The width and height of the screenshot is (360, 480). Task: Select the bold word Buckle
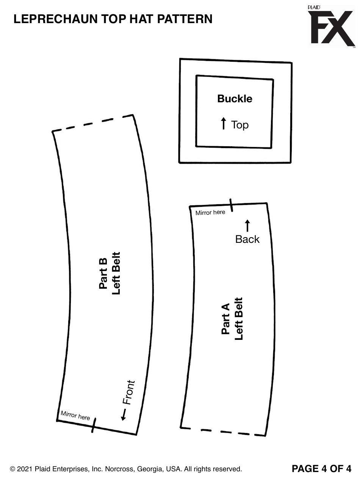point(235,99)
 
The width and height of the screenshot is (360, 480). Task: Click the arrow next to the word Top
point(224,124)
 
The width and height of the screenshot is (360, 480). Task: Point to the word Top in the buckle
point(240,125)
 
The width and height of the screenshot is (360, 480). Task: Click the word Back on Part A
point(247,239)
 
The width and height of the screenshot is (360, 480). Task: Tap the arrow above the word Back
point(247,225)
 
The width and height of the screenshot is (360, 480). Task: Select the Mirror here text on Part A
point(210,213)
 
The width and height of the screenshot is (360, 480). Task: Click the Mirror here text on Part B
point(75,415)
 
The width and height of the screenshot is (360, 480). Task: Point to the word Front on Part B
point(128,392)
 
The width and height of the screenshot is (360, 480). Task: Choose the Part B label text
point(103,274)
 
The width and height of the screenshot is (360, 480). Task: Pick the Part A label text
point(225,319)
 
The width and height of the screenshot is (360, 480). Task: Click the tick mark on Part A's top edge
point(231,205)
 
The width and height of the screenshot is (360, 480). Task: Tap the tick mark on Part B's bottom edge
point(94,425)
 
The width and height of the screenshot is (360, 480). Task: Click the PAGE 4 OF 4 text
point(321,469)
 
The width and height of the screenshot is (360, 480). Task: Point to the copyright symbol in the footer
point(13,469)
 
